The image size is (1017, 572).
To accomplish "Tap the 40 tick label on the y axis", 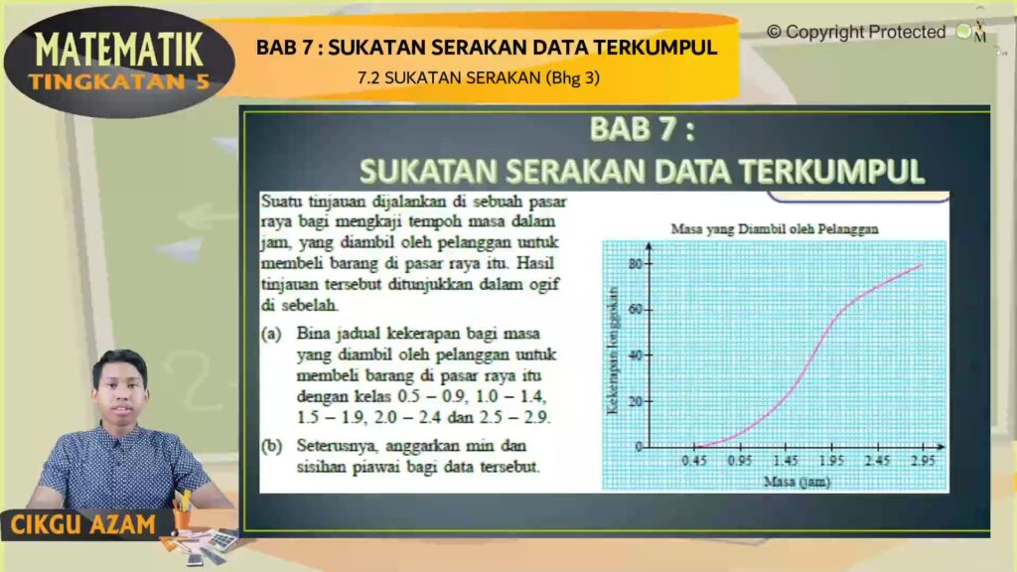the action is click(636, 356).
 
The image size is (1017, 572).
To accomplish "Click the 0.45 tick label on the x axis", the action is click(694, 461).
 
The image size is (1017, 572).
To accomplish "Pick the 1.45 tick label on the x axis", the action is click(786, 461).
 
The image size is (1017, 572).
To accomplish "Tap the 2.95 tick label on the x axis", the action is click(923, 461).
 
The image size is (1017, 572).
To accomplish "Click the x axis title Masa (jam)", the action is click(798, 482).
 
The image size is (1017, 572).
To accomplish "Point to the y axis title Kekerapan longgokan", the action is click(612, 350).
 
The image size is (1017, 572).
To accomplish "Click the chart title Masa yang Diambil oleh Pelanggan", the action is click(775, 229).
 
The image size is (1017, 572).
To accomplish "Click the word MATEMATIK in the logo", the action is click(119, 50).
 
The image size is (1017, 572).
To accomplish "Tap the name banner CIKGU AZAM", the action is click(83, 524).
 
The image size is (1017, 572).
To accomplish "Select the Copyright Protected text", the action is click(856, 32).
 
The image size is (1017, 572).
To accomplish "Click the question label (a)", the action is click(272, 334).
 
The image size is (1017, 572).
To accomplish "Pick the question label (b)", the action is click(272, 446).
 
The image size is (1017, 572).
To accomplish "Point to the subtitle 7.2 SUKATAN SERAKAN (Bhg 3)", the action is click(479, 77).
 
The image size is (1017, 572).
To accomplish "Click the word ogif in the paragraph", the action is click(543, 285).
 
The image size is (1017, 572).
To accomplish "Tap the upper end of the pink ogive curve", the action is click(922, 264).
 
